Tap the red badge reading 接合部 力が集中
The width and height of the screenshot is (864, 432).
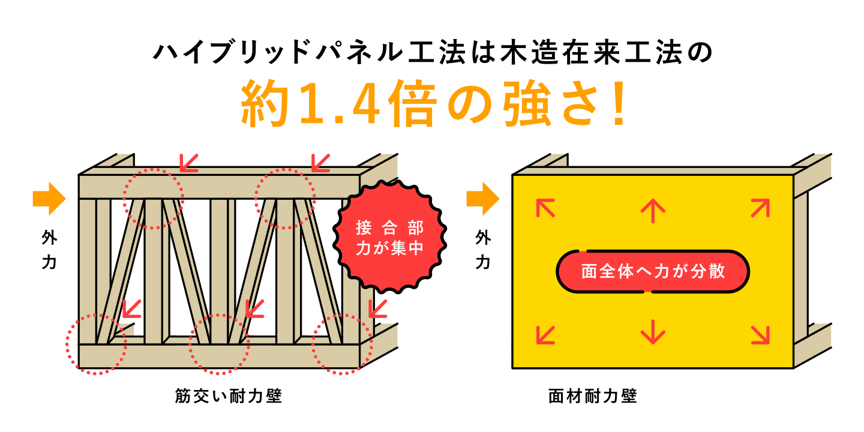tap(389, 238)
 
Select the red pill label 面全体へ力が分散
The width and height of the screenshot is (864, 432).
tap(653, 272)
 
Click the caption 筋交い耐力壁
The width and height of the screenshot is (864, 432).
tap(229, 396)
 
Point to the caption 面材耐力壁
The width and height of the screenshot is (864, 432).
tap(592, 396)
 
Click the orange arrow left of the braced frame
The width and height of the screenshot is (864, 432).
tap(49, 199)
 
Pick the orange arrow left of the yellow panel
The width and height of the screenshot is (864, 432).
tap(483, 199)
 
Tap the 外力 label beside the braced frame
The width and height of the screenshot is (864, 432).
tap(49, 250)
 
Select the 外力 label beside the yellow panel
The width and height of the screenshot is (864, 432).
tap(483, 250)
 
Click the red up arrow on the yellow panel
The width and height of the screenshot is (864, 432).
tap(653, 211)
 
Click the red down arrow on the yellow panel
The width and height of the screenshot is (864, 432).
tap(653, 332)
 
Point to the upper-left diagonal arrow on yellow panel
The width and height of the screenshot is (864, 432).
tap(545, 208)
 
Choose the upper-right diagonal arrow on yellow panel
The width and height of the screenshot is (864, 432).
tap(760, 208)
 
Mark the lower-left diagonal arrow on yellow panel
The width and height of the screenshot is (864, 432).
tap(545, 335)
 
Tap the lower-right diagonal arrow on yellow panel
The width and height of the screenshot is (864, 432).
tap(760, 335)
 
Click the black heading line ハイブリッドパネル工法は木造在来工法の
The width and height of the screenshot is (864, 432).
tap(433, 52)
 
